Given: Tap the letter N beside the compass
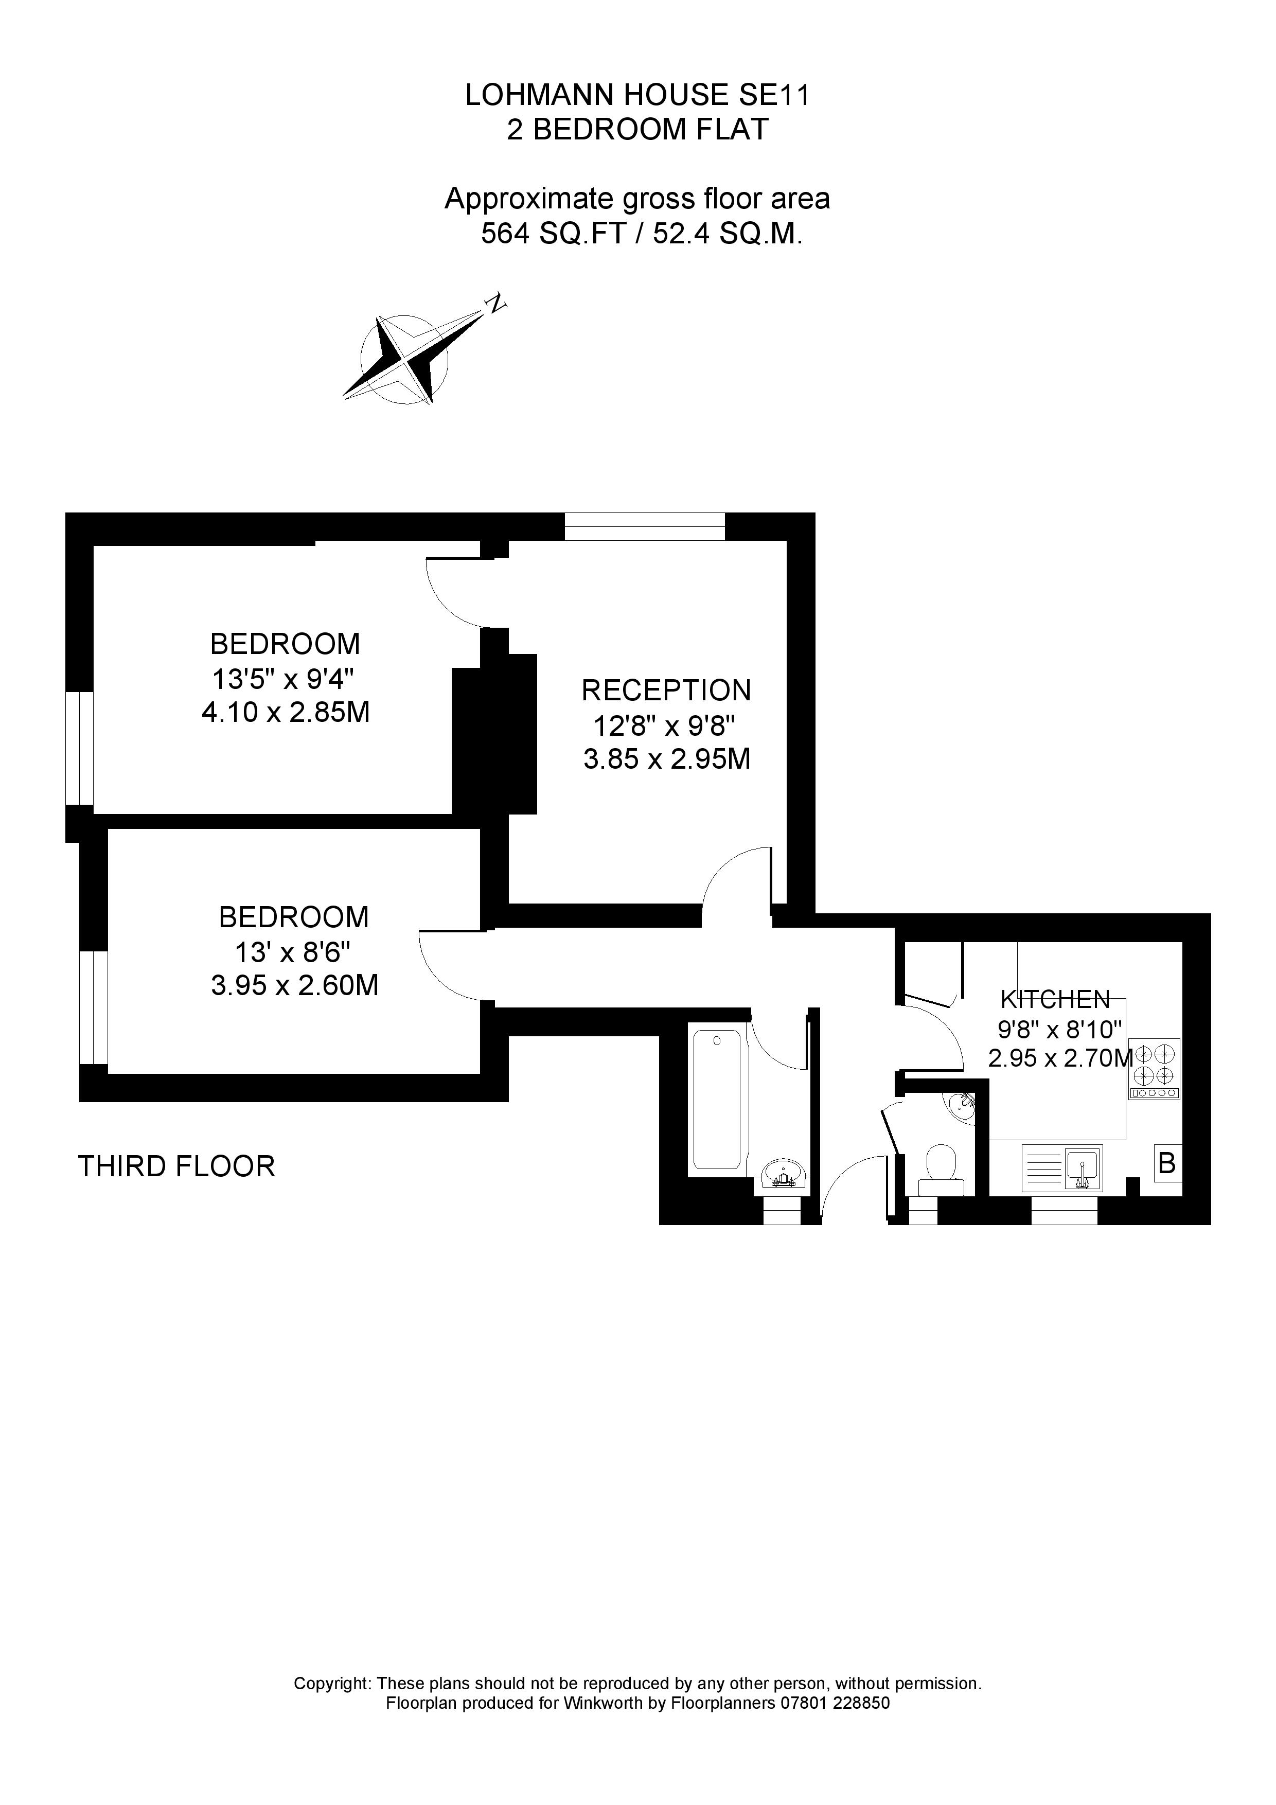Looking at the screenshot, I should coord(495,304).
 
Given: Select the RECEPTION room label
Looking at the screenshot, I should coord(666,690).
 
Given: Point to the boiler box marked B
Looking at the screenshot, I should coord(1167,1163).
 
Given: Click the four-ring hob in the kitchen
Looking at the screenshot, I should coord(1154,1068).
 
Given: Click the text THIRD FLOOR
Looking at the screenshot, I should coord(176,1166).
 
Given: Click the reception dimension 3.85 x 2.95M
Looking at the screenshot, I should coord(666,758).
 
